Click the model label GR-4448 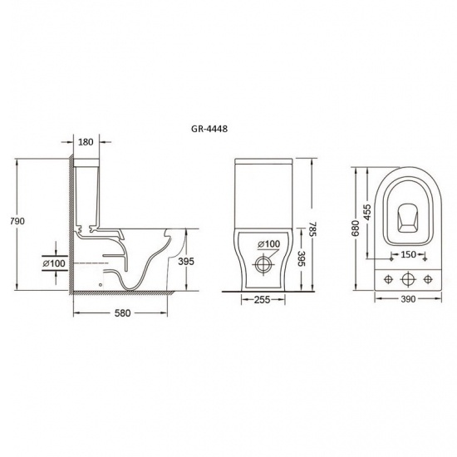pyautogui.click(x=209, y=129)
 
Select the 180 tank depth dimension pyautogui.click(x=86, y=142)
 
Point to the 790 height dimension pyautogui.click(x=17, y=221)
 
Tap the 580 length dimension pyautogui.click(x=122, y=313)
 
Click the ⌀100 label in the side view pyautogui.click(x=54, y=263)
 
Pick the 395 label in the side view pyautogui.click(x=186, y=262)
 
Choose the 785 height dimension pyautogui.click(x=312, y=229)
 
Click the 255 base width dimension pyautogui.click(x=262, y=300)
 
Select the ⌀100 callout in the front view pyautogui.click(x=268, y=244)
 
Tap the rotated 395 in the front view pyautogui.click(x=302, y=258)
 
